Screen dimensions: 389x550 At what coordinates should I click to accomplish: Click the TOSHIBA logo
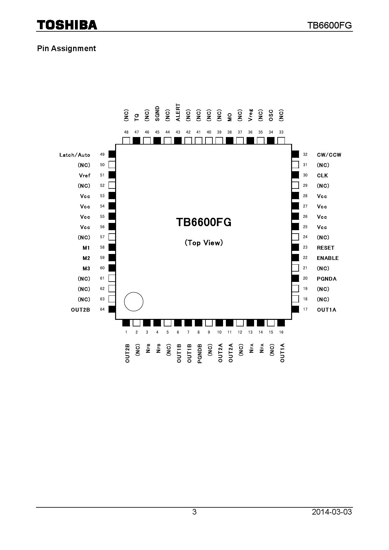tap(67, 25)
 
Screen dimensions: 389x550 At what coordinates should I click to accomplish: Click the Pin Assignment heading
tap(67, 49)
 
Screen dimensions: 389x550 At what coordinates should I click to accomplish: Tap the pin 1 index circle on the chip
tap(134, 302)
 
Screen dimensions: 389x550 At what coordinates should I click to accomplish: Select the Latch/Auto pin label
tap(75, 155)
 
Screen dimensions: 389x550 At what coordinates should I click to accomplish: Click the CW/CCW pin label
tap(329, 155)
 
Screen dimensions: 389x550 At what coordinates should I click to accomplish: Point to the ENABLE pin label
tap(328, 258)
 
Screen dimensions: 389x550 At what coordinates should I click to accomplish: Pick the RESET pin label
tap(325, 248)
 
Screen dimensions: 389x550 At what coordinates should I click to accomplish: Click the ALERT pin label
tap(178, 112)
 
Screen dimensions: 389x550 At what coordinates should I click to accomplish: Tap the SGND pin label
tap(157, 114)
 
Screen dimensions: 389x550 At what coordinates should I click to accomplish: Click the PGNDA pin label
tap(326, 279)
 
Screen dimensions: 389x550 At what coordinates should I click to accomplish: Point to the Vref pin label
tap(85, 176)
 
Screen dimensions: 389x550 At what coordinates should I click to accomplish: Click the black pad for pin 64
tap(112, 309)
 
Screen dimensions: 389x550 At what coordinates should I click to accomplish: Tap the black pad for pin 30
tap(295, 175)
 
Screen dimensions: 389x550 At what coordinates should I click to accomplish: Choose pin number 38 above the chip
tap(230, 132)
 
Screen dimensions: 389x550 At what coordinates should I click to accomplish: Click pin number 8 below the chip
tap(199, 332)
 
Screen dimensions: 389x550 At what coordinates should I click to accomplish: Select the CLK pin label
tap(322, 176)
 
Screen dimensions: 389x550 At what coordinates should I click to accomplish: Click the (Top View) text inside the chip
tap(204, 243)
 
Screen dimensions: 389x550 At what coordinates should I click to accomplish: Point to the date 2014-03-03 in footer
tap(332, 512)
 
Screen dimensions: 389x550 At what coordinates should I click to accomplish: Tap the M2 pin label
tap(86, 258)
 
